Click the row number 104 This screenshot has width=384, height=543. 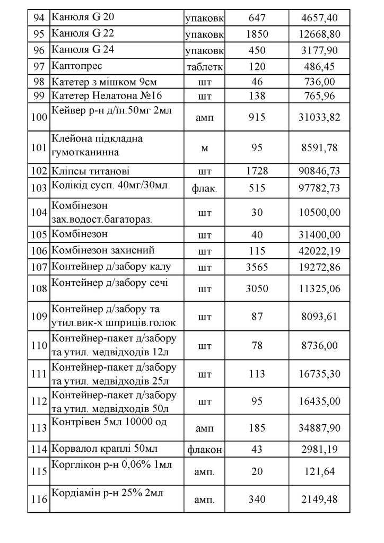(38, 212)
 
